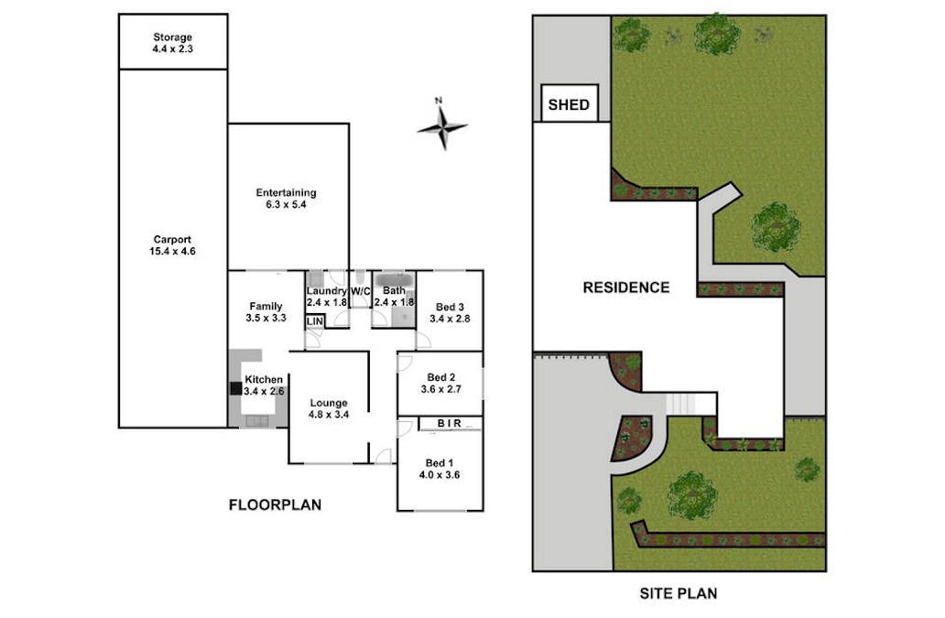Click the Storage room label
pos(172,38)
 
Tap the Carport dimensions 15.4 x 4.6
pos(172,251)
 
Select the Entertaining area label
pos(286,193)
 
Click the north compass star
pos(442,126)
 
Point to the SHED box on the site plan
pos(569,103)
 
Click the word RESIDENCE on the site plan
pos(626,287)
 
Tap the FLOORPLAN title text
pos(275,504)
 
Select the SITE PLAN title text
pos(678,593)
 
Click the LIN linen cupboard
pos(315,321)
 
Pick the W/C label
pos(361,291)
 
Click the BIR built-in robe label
pos(450,424)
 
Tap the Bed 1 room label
pos(440,463)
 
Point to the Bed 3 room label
pos(450,308)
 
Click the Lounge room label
pos(329,403)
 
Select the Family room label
pos(266,307)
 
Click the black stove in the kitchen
pos(235,388)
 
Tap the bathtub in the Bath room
pos(394,281)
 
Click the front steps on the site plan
pos(680,404)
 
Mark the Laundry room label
pos(326,291)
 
